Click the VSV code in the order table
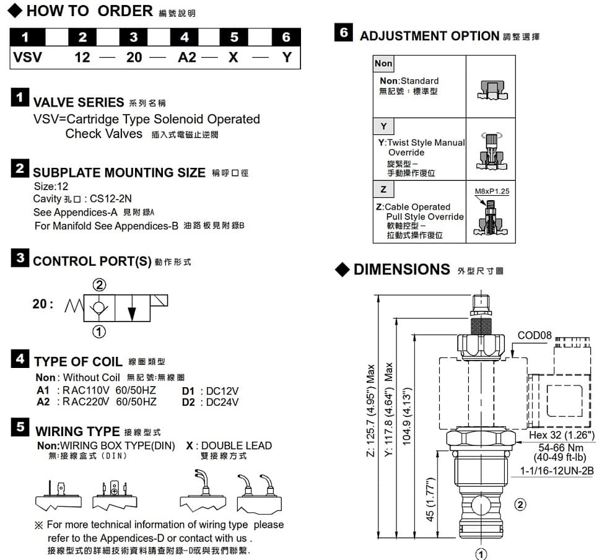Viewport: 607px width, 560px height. pos(27,58)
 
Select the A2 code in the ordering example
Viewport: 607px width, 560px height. pos(187,58)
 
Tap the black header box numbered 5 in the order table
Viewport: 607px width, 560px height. pos(234,37)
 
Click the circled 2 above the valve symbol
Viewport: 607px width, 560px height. pos(99,285)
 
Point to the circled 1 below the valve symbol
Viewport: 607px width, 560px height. pos(98,331)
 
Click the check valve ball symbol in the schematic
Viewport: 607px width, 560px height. pos(98,308)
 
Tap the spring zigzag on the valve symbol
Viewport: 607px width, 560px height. pos(74,306)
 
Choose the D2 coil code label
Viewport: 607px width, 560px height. pos(188,403)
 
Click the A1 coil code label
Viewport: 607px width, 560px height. pos(43,390)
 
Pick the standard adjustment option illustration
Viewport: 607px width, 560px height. pos(492,90)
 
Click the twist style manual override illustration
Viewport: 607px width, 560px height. pos(492,151)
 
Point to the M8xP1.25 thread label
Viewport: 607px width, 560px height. pos(492,191)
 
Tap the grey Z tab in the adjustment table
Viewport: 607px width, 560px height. pos(383,189)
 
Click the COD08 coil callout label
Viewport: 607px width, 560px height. pos(534,335)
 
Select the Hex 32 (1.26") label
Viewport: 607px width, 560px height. pos(561,435)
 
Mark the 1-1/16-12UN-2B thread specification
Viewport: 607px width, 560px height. pos(557,471)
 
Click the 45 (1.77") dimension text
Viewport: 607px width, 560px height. pos(430,499)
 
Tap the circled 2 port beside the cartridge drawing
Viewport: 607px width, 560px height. pos(520,505)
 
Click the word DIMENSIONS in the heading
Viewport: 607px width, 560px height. pos(402,269)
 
